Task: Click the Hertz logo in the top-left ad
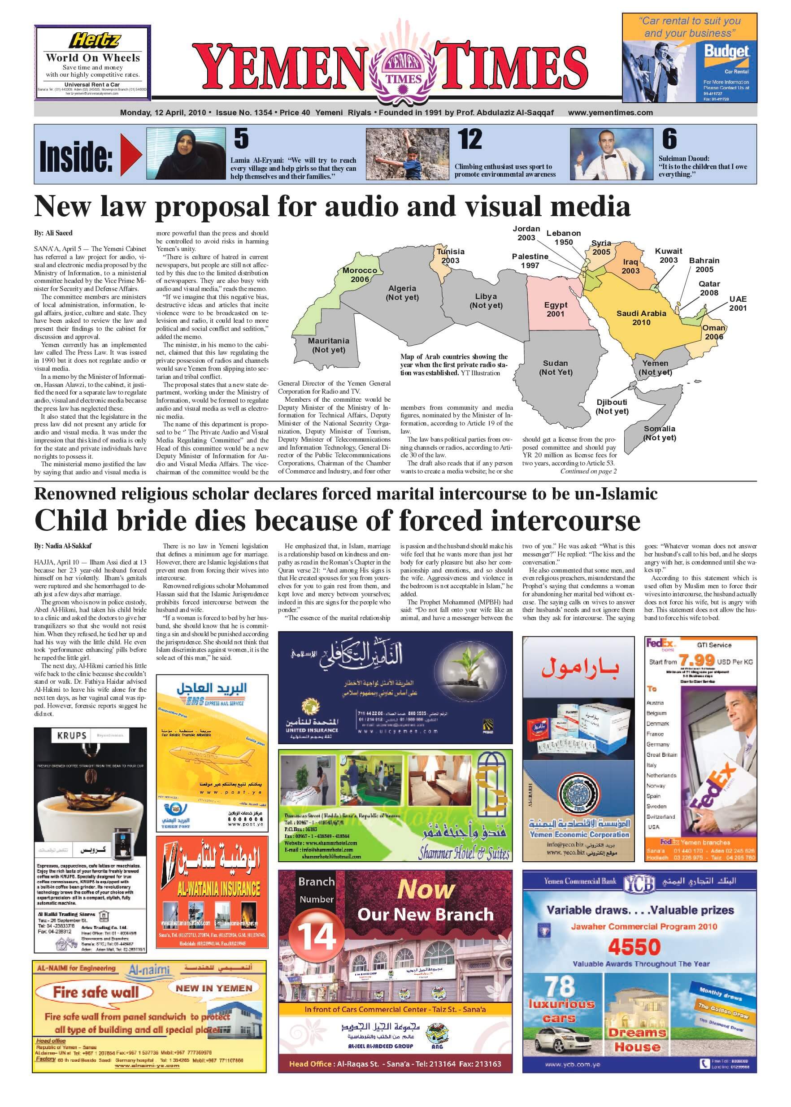pyautogui.click(x=94, y=40)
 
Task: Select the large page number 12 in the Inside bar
pyautogui.click(x=469, y=140)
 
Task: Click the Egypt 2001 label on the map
pyautogui.click(x=555, y=309)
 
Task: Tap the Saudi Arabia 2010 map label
pyautogui.click(x=641, y=317)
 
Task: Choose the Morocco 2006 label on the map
pyautogui.click(x=360, y=275)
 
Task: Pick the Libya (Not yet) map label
pyautogui.click(x=486, y=300)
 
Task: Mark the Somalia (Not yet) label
pyautogui.click(x=660, y=433)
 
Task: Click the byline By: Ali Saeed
pyautogui.click(x=53, y=233)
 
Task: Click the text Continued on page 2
pyautogui.click(x=588, y=471)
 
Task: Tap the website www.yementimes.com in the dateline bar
pyautogui.click(x=610, y=113)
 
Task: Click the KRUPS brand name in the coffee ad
pyautogui.click(x=72, y=735)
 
